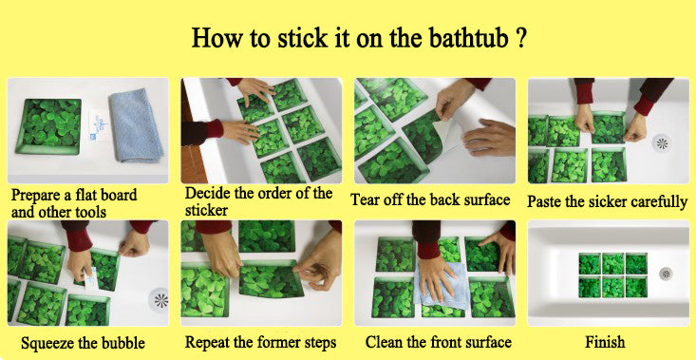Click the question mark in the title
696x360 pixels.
pos(522,38)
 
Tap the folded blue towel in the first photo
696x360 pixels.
pos(137,125)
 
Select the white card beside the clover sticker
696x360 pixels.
pos(99,124)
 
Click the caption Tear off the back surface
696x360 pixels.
pos(430,199)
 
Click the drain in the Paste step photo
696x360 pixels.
pos(662,143)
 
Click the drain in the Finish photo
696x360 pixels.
pos(666,274)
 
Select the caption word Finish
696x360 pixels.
pos(605,342)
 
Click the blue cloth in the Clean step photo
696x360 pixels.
pos(442,285)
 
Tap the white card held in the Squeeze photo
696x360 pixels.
pos(89,278)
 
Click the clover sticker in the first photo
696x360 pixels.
pos(48,126)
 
